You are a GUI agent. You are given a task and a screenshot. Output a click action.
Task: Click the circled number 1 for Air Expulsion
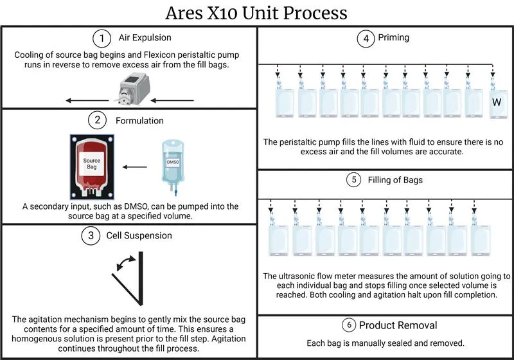click(x=102, y=39)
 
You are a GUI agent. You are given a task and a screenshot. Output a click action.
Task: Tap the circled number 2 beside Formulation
click(x=98, y=120)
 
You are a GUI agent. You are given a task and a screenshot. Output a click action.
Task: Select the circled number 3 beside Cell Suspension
click(x=91, y=235)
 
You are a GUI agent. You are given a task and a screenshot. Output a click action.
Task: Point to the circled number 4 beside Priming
click(x=366, y=39)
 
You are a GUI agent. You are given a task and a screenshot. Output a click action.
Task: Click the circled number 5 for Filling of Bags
click(x=354, y=179)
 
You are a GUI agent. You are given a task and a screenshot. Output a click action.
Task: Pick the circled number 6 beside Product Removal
click(x=349, y=325)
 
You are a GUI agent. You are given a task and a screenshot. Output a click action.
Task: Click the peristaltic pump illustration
click(x=134, y=89)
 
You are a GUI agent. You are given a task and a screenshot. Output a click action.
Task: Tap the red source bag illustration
click(x=92, y=167)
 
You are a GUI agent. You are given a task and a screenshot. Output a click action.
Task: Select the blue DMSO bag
click(x=172, y=167)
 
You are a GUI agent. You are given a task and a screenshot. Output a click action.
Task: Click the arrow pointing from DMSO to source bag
click(x=135, y=167)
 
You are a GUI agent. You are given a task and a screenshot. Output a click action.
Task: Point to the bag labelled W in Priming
click(x=497, y=102)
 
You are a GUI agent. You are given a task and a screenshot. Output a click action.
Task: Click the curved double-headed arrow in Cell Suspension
click(x=126, y=263)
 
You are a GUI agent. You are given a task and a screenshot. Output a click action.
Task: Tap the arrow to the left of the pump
click(x=87, y=100)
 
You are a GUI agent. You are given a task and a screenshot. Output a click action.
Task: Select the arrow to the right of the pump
click(x=172, y=100)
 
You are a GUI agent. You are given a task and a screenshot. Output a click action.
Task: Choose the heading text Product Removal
click(x=398, y=325)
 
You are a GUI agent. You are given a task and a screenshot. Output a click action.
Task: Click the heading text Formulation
click(x=139, y=121)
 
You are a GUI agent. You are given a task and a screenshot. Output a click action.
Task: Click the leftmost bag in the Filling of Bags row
click(x=279, y=240)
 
